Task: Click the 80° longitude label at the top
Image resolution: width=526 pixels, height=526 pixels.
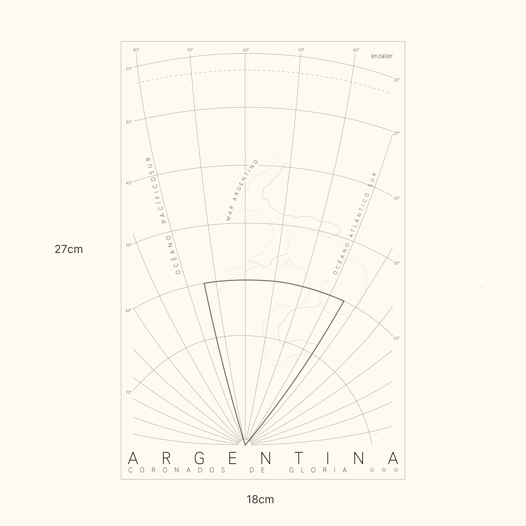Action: pyautogui.click(x=136, y=50)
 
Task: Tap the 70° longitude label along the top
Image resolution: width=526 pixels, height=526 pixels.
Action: pyautogui.click(x=190, y=50)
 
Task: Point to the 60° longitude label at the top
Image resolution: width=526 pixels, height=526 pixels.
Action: pyautogui.click(x=246, y=50)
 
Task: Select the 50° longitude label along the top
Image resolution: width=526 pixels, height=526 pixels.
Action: pyautogui.click(x=301, y=50)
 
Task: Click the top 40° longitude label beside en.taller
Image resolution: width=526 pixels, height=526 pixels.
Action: pyautogui.click(x=356, y=50)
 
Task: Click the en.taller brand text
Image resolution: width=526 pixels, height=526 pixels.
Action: pyautogui.click(x=382, y=56)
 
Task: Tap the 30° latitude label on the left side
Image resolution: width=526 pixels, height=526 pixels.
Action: pyautogui.click(x=128, y=122)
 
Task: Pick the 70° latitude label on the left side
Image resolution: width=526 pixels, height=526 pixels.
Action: pyautogui.click(x=128, y=393)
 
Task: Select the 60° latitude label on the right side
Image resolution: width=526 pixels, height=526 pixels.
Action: pyautogui.click(x=396, y=338)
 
